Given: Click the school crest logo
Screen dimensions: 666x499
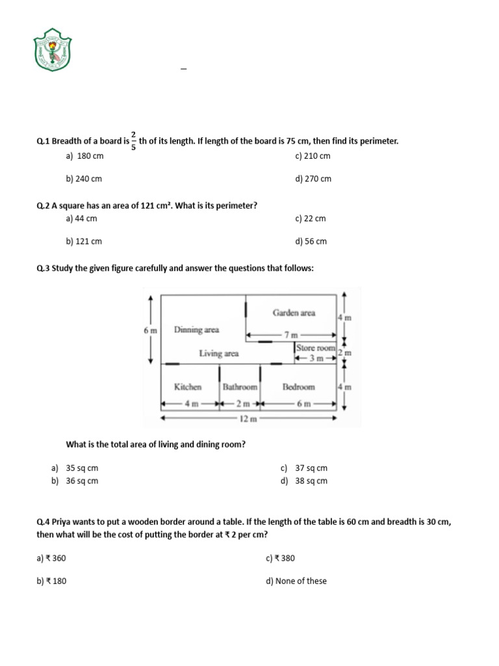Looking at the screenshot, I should click(52, 50).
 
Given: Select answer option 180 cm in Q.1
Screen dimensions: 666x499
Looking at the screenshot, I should click(84, 156).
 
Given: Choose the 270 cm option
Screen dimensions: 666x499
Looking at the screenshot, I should click(313, 179).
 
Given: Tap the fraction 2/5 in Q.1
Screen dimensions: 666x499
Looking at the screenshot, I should click(134, 140).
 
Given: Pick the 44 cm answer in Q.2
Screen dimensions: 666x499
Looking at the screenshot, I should click(81, 219).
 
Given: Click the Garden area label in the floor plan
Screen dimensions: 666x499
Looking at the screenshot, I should click(294, 313).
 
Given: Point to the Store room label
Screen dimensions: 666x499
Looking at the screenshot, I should click(315, 348).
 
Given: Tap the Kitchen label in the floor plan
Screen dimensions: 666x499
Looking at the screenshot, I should click(188, 387).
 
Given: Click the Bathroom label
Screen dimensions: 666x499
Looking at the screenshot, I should click(240, 387).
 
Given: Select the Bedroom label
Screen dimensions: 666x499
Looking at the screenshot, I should click(298, 387).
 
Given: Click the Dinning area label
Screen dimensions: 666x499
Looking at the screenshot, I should click(196, 330).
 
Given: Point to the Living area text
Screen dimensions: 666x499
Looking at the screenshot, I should click(218, 354).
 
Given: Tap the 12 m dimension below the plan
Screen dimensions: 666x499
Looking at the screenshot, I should click(248, 420).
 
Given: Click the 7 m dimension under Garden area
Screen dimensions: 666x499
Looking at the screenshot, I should click(290, 334).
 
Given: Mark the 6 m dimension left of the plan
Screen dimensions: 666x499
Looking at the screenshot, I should click(150, 330).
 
